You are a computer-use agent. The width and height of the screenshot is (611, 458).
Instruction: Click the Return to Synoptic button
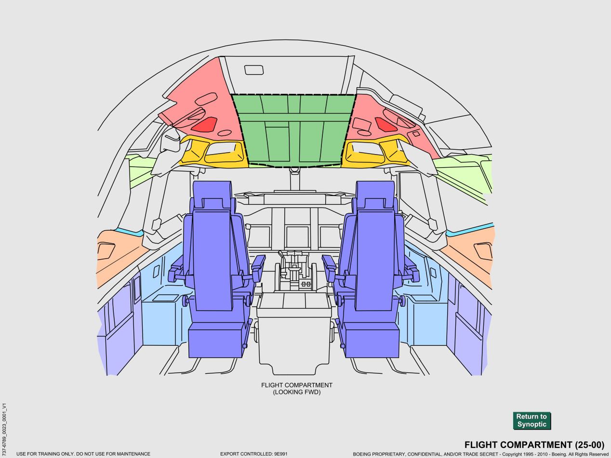click(531, 420)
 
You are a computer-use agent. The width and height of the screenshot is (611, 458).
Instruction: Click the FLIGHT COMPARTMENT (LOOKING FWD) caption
click(297, 389)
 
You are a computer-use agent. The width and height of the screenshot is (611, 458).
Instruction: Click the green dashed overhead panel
click(294, 130)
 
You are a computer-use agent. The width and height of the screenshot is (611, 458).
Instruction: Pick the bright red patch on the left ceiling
click(205, 125)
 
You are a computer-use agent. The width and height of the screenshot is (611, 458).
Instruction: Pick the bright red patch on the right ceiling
click(385, 125)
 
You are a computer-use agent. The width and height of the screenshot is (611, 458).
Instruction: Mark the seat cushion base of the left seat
click(215, 340)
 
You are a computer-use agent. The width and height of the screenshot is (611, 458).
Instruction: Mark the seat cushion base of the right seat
click(372, 340)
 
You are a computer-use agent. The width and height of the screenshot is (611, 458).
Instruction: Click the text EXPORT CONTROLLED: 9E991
click(253, 454)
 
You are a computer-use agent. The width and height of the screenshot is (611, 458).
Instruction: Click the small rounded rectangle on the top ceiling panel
click(254, 70)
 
